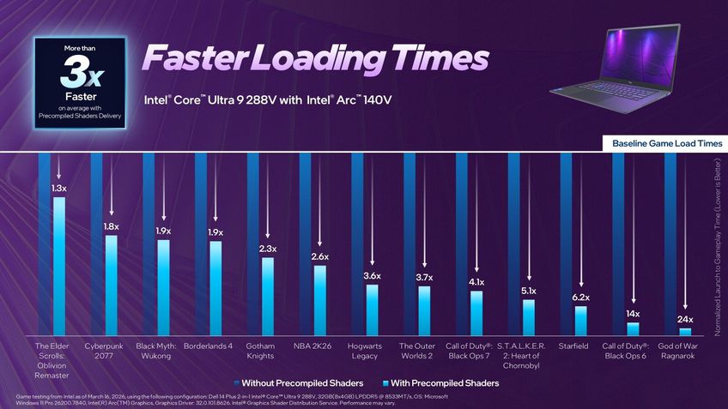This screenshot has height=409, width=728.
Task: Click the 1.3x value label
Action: (x=58, y=188)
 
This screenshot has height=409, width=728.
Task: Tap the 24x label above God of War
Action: (x=685, y=320)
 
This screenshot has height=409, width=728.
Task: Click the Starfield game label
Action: (x=573, y=346)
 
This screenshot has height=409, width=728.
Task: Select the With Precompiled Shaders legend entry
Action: (x=439, y=382)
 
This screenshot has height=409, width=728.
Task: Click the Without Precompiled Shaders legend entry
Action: (x=297, y=382)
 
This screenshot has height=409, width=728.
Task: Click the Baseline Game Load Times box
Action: (x=666, y=143)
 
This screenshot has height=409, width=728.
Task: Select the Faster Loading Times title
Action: (x=315, y=59)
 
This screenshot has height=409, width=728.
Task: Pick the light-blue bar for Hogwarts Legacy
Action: (x=372, y=309)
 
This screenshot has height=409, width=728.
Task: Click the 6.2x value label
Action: (x=581, y=297)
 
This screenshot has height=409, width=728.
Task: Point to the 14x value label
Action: (x=633, y=314)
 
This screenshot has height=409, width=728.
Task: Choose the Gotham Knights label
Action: (x=260, y=351)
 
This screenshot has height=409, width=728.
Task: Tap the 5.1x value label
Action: (x=529, y=292)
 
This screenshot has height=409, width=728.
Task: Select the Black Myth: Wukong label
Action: (x=156, y=351)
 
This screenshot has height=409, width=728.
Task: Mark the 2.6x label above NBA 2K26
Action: (x=319, y=256)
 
